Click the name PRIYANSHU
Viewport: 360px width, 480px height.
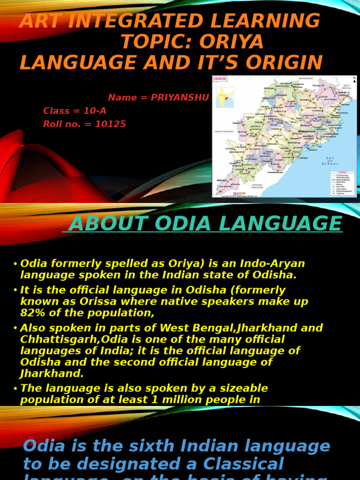[180, 97]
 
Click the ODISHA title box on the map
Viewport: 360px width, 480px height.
[220, 79]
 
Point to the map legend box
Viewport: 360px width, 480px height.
[343, 183]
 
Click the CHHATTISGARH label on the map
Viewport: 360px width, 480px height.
[224, 132]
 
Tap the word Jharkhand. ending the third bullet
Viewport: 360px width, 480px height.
[52, 373]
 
